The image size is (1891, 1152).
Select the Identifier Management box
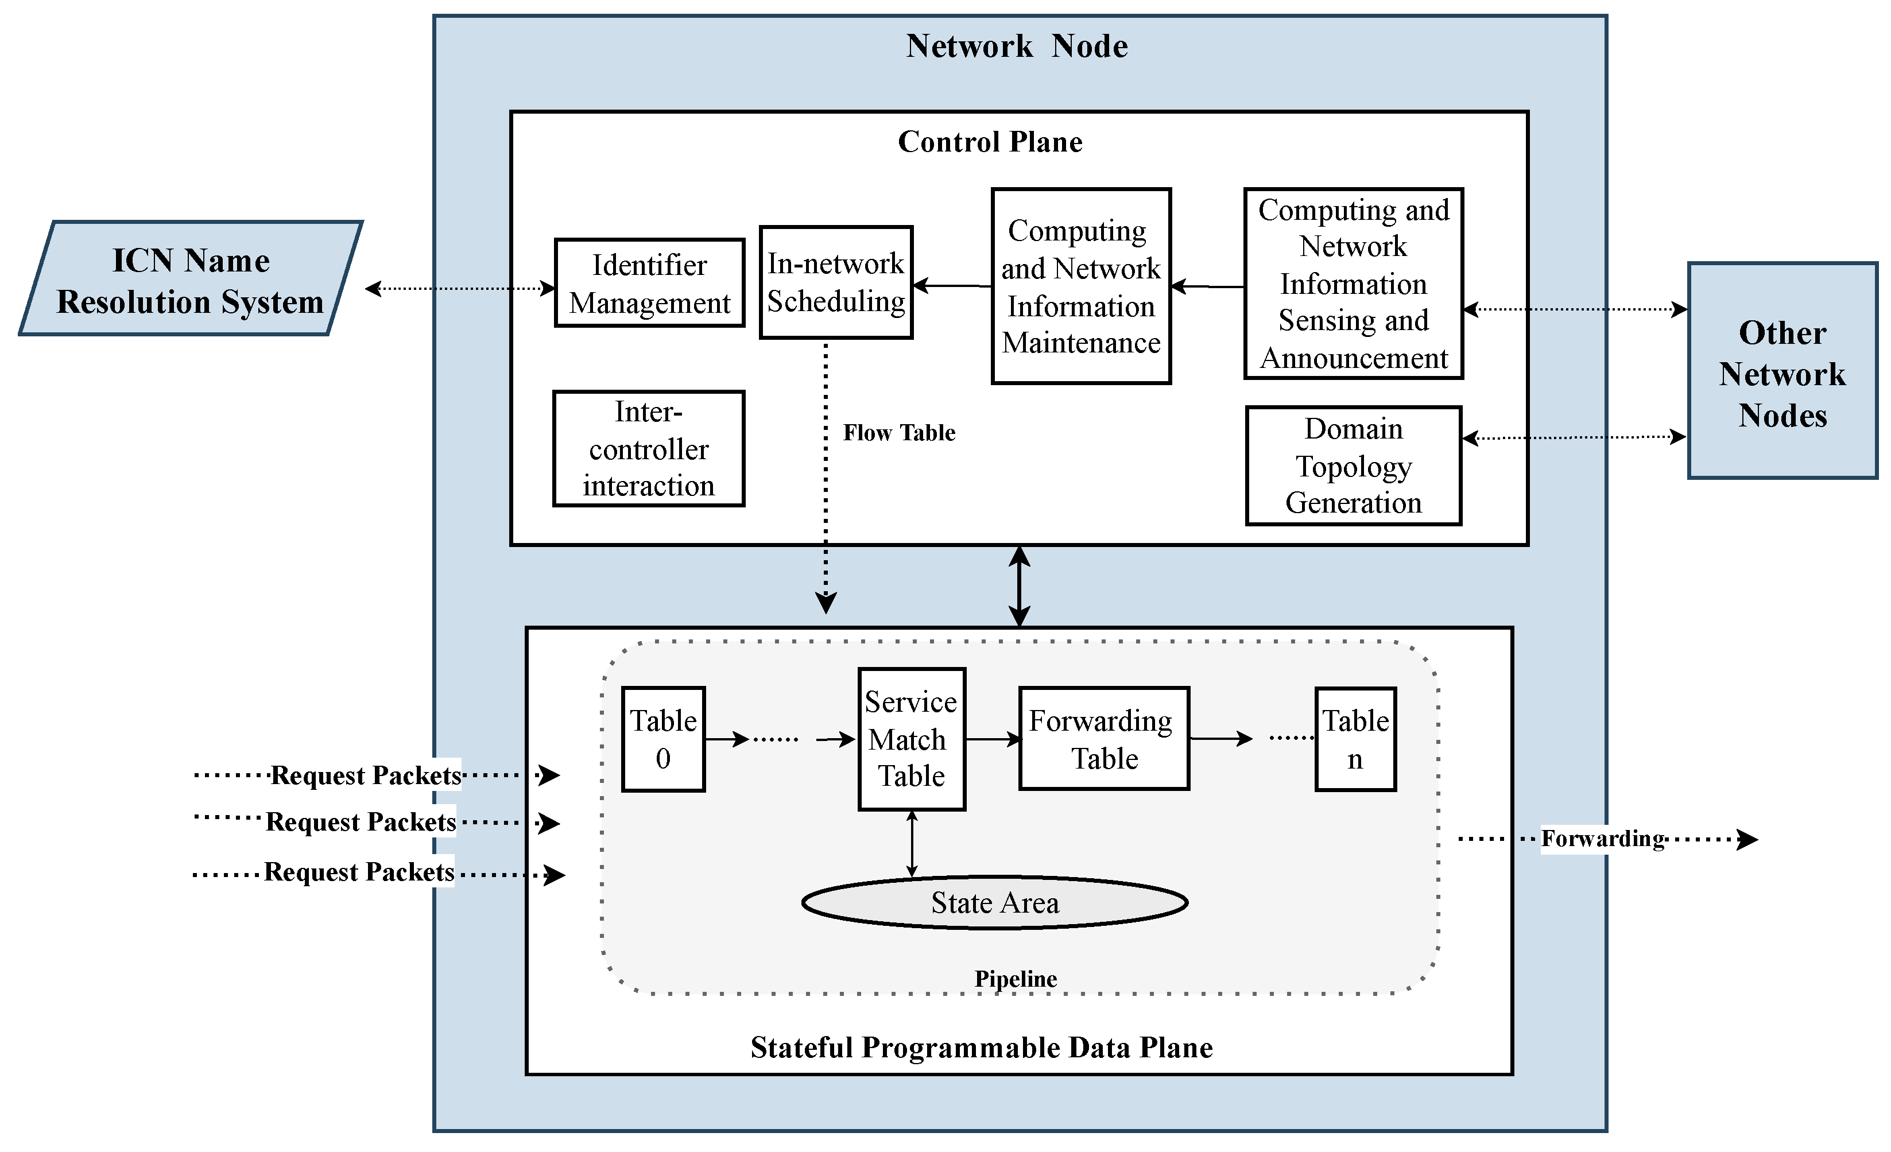click(x=649, y=283)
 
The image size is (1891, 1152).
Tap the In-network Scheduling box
click(x=836, y=282)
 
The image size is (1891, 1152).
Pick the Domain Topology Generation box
click(x=1353, y=466)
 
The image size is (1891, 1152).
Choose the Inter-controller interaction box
click(x=649, y=449)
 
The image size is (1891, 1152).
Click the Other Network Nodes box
click(x=1782, y=372)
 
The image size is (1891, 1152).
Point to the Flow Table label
click(x=898, y=433)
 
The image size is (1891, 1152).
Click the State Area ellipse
click(x=995, y=902)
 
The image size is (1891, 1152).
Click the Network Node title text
click(x=1017, y=46)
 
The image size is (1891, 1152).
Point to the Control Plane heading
click(x=990, y=142)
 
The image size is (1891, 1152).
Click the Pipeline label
click(x=1016, y=979)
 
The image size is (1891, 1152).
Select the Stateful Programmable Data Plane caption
click(x=982, y=1048)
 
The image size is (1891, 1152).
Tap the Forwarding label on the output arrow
click(x=1602, y=838)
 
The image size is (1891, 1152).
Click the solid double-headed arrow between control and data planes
click(x=1019, y=587)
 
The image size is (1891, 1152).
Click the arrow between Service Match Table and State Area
click(x=912, y=843)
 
